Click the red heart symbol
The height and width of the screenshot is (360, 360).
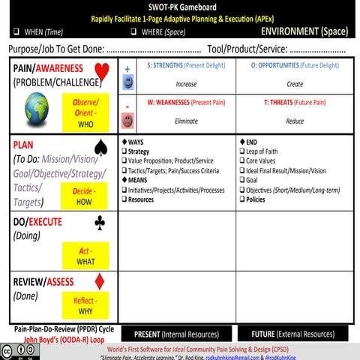(103, 73)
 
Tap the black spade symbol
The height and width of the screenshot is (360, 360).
(103, 148)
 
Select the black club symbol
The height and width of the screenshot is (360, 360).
(100, 223)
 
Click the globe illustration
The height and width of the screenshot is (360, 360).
(37, 108)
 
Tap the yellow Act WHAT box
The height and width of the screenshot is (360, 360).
(85, 255)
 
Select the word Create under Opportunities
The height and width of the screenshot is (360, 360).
(295, 84)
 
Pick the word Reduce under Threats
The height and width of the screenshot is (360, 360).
(295, 120)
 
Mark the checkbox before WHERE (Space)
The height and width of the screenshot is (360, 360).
(133, 31)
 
